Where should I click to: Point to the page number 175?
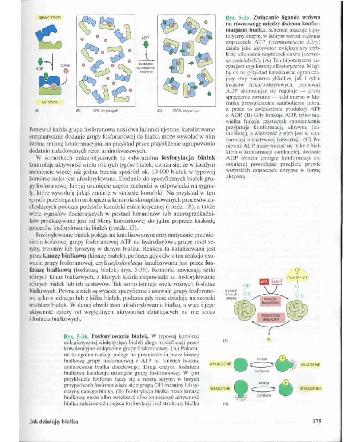(x=317, y=422)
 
